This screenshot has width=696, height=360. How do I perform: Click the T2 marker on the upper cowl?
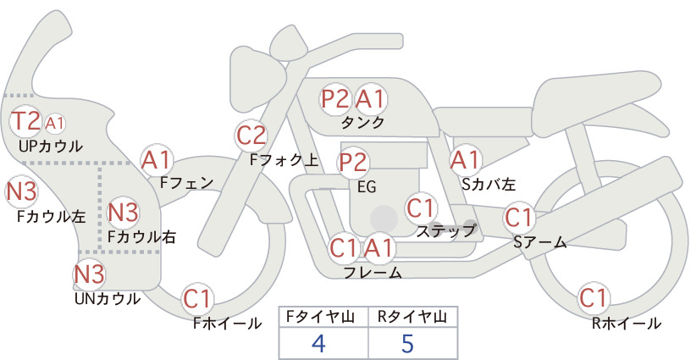coord(25,121)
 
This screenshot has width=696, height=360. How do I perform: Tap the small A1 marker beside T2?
coord(54,124)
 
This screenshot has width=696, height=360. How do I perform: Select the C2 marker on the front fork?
coord(251,136)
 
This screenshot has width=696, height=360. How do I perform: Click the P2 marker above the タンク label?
coord(335,98)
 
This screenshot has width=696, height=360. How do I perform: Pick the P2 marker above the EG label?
coord(353,163)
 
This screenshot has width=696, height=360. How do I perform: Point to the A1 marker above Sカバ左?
coord(466,160)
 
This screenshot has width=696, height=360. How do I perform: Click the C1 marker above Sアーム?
coord(518,218)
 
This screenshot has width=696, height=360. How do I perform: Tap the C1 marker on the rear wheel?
coord(593,298)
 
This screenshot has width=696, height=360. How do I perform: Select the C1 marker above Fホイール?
coord(196,299)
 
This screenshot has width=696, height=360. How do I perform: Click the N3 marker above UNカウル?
coord(89,274)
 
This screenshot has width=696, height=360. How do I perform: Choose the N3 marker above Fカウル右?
coord(123,212)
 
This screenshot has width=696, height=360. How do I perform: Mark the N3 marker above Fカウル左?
coord(21,191)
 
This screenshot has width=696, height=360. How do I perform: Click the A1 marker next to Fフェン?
coord(156,160)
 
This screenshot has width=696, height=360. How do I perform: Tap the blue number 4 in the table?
coord(319,343)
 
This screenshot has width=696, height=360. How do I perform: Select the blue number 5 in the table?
coord(408,343)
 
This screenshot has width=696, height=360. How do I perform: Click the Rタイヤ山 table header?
coord(412,317)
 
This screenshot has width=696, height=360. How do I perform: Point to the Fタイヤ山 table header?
coord(320,317)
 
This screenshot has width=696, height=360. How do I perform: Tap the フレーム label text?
coord(373,272)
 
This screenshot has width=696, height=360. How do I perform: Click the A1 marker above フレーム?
coord(378,247)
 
